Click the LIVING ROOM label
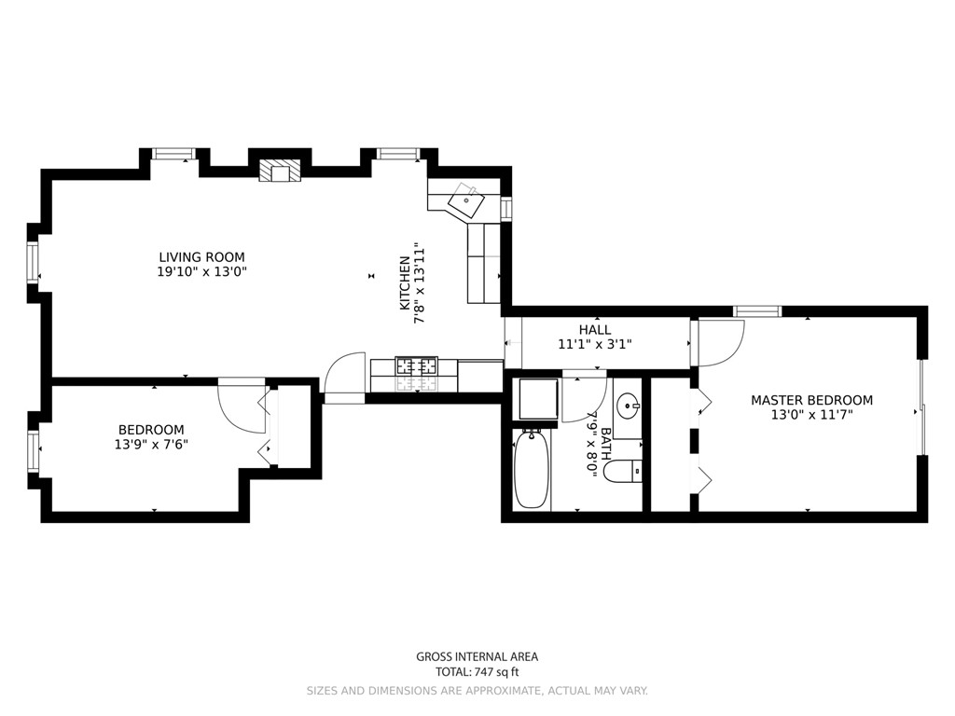tap(201, 257)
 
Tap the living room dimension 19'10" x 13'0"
tap(201, 272)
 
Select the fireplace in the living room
tap(280, 170)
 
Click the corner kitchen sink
tap(465, 200)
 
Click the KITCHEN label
tap(405, 283)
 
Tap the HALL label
tap(595, 330)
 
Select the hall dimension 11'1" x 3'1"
tap(595, 344)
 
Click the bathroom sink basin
tap(628, 406)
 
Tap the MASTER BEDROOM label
tap(811, 401)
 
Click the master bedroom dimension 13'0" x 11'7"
tap(811, 416)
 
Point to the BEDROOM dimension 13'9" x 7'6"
tap(151, 445)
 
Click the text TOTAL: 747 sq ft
tap(477, 671)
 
